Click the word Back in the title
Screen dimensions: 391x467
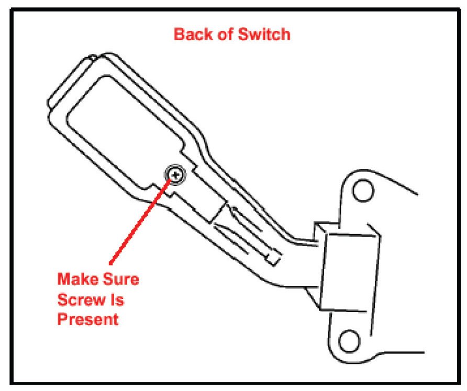point(192,35)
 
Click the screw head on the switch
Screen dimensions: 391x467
point(175,173)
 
